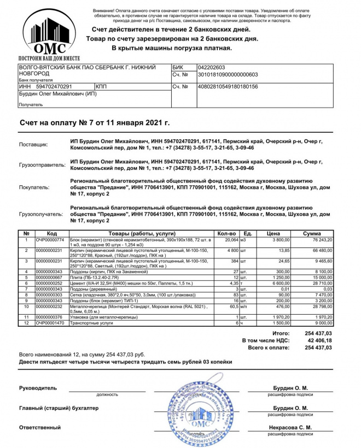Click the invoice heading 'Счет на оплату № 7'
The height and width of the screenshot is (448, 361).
94,124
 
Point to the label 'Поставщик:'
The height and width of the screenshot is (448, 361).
33,144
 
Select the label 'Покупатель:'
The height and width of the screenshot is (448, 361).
34,187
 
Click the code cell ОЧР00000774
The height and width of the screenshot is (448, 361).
50,240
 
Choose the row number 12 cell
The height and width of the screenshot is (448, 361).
26,323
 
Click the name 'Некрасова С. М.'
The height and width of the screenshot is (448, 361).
290,427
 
